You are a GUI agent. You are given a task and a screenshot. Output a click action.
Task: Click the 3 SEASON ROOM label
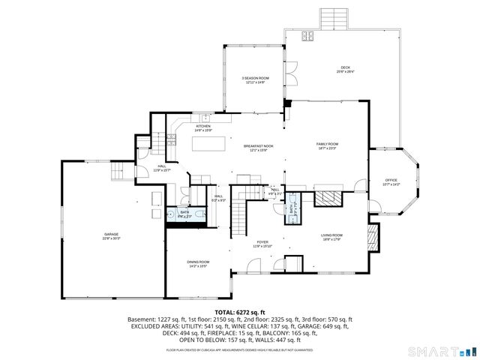pos(255,79)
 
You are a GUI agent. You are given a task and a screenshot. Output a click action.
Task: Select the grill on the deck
pos(307,36)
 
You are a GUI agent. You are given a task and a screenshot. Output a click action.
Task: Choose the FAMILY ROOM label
pos(327,145)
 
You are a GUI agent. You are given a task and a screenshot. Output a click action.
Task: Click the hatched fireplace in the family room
pos(326,198)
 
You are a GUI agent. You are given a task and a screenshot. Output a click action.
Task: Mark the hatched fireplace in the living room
pos(373,238)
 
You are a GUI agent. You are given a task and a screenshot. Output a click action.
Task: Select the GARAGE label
pos(111,236)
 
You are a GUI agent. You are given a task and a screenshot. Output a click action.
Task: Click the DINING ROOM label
pos(198,263)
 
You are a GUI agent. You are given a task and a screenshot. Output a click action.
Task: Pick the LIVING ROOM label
pos(331,238)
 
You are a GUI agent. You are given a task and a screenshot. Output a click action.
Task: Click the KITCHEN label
pos(203,128)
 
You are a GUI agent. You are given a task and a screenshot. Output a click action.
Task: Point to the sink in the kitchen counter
pos(205,117)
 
